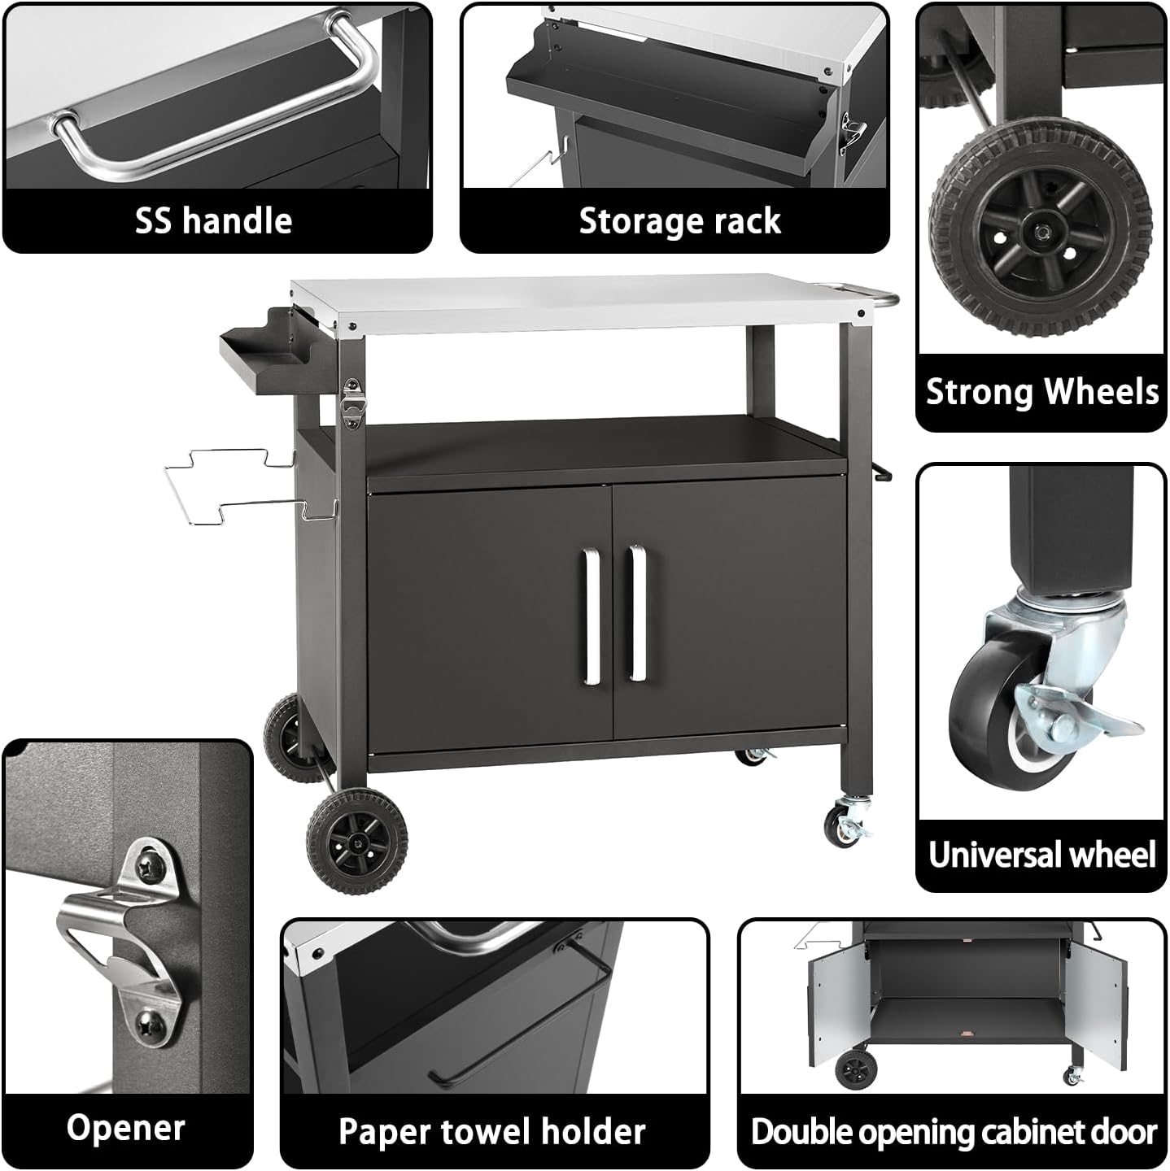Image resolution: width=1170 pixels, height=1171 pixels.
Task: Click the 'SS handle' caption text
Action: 213,221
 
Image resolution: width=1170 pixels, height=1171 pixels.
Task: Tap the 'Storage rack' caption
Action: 679,221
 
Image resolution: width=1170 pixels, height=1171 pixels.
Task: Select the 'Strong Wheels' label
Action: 1041,392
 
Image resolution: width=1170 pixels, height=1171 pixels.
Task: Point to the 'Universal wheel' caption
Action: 1041,855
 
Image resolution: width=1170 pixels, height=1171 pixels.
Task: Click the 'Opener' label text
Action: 126,1129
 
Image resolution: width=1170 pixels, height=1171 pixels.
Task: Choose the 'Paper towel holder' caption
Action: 492,1132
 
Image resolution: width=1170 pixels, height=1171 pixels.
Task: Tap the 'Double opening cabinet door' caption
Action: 954,1132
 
